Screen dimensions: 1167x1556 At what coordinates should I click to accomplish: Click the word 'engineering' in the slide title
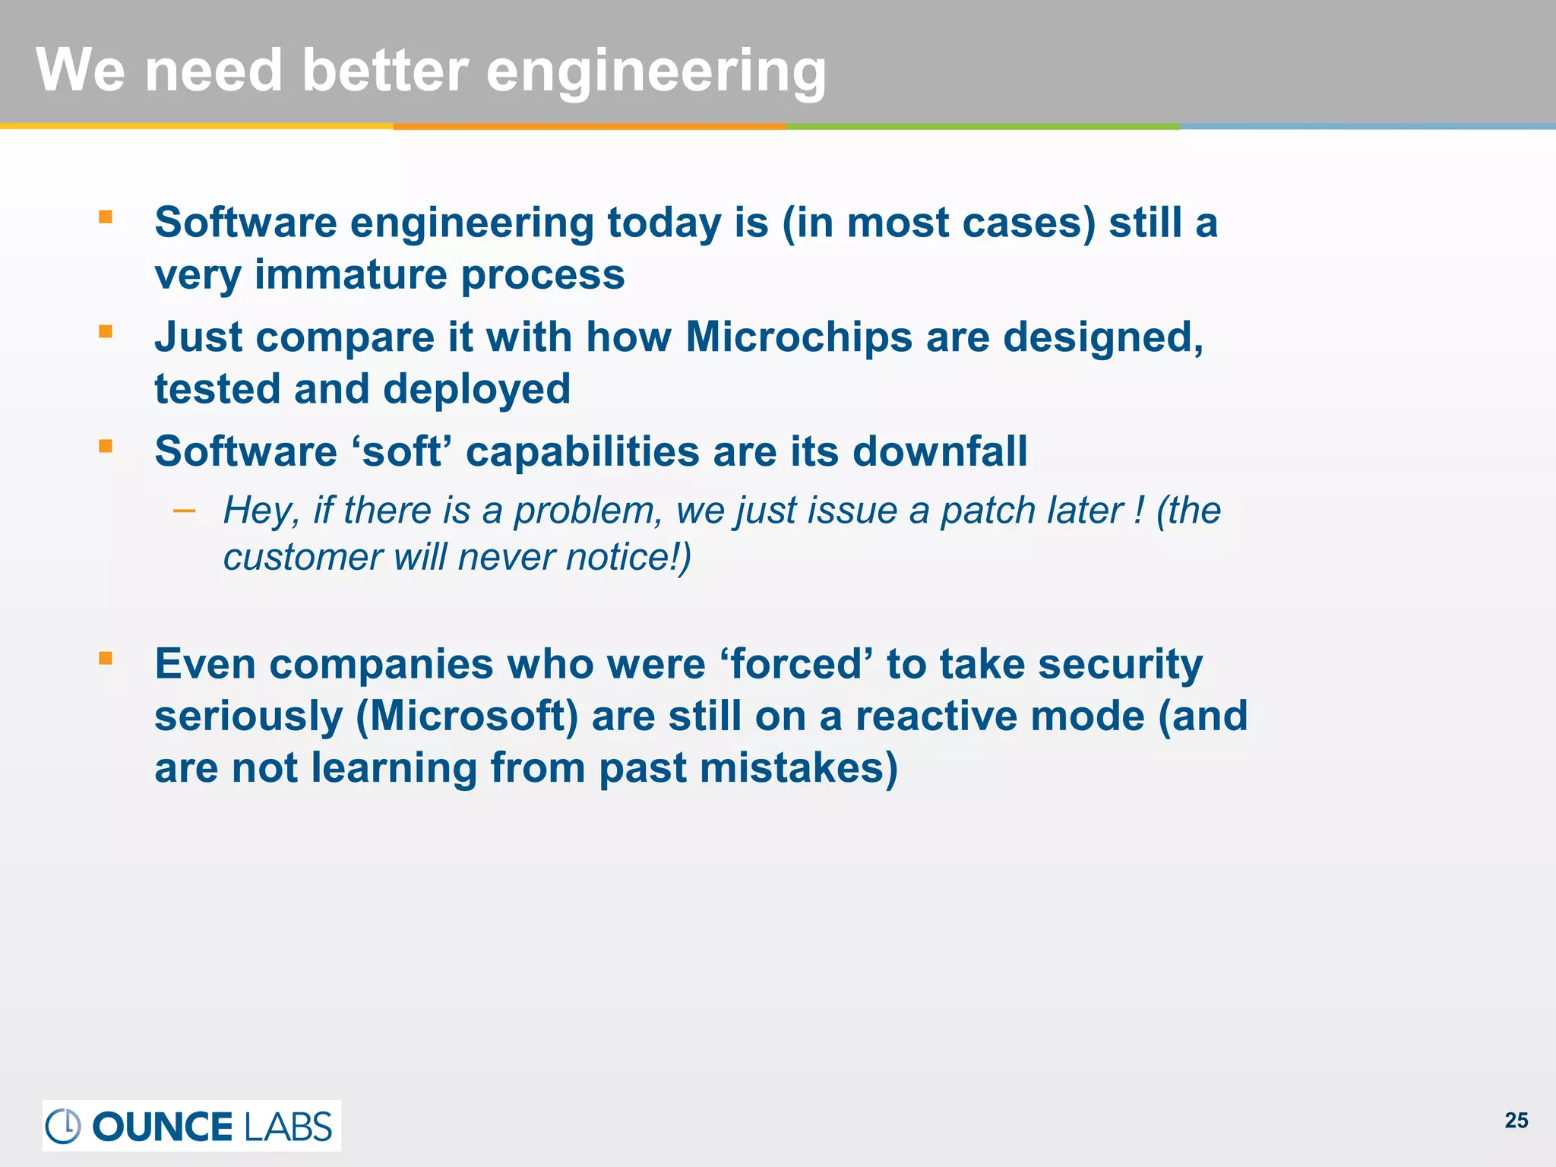(x=655, y=72)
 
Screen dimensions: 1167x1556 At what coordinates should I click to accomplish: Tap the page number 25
(x=1516, y=1121)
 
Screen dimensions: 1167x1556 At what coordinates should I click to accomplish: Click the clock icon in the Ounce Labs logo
(x=63, y=1126)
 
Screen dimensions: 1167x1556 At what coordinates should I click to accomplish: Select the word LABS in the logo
(x=288, y=1127)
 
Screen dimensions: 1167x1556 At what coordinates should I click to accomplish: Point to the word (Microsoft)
(x=466, y=716)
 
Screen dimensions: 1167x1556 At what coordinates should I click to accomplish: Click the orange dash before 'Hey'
(x=184, y=511)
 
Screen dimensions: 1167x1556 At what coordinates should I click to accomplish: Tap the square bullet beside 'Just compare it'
(x=106, y=331)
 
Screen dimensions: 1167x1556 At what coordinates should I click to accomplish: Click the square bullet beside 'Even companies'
(x=106, y=658)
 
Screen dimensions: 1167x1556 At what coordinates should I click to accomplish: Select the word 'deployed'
(x=476, y=389)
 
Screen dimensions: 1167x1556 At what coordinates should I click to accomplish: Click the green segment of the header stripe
(x=983, y=126)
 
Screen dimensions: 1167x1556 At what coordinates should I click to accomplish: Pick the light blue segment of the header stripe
(x=1368, y=126)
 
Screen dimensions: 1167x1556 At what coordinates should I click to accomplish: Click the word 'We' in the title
(x=81, y=71)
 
